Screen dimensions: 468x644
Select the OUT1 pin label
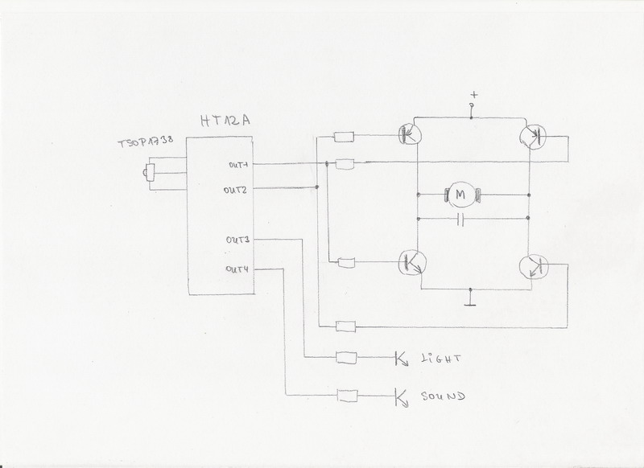point(239,166)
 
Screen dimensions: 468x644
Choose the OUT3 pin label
point(239,240)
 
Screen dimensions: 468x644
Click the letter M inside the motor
point(461,193)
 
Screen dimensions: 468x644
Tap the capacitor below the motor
point(461,219)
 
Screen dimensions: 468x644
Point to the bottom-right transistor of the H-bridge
point(534,266)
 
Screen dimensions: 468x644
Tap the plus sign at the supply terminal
point(473,96)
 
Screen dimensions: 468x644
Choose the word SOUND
point(444,396)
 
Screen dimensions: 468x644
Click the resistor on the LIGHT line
point(347,357)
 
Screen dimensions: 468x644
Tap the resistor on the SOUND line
point(347,395)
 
